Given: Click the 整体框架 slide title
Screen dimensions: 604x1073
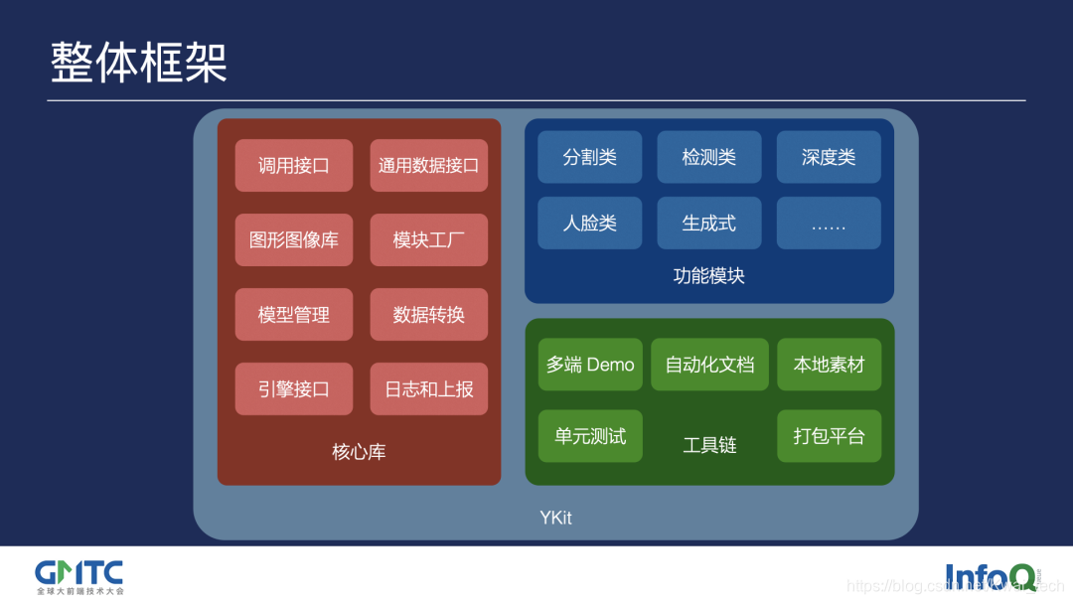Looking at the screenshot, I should pyautogui.click(x=139, y=62).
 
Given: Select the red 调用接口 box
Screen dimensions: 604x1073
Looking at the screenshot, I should pyautogui.click(x=293, y=166).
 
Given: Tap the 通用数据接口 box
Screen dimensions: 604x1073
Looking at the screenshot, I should pyautogui.click(x=428, y=166).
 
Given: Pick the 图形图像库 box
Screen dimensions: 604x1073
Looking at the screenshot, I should pyautogui.click(x=293, y=240).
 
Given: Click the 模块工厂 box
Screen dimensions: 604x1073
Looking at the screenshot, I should pyautogui.click(x=428, y=240).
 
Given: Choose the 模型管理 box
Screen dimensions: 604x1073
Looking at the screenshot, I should pyautogui.click(x=293, y=315).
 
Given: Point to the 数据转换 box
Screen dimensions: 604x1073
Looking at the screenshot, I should pyautogui.click(x=428, y=315).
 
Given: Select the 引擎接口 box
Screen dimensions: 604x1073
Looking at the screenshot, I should pyautogui.click(x=293, y=389).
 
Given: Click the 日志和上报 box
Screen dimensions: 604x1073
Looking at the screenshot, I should pyautogui.click(x=428, y=389).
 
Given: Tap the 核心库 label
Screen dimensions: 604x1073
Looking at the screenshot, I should pyautogui.click(x=359, y=452).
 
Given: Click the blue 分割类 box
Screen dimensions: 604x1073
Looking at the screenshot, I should pyautogui.click(x=589, y=157).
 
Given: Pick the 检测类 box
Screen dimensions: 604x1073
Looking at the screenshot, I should pyautogui.click(x=708, y=157).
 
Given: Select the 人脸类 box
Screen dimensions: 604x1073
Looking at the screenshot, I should pyautogui.click(x=589, y=224).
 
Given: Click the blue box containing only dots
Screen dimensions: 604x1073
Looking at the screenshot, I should pyautogui.click(x=828, y=224).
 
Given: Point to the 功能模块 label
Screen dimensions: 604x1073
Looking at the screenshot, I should pyautogui.click(x=708, y=276).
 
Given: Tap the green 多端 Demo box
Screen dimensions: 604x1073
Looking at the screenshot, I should pyautogui.click(x=589, y=365).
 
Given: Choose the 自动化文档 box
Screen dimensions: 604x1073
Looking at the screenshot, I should pyautogui.click(x=709, y=365).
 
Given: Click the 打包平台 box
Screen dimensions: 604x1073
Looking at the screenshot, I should pyautogui.click(x=829, y=436).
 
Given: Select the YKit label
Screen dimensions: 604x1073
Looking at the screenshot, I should pyautogui.click(x=555, y=518).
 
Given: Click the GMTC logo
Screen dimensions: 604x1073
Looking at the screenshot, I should pyautogui.click(x=79, y=575).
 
